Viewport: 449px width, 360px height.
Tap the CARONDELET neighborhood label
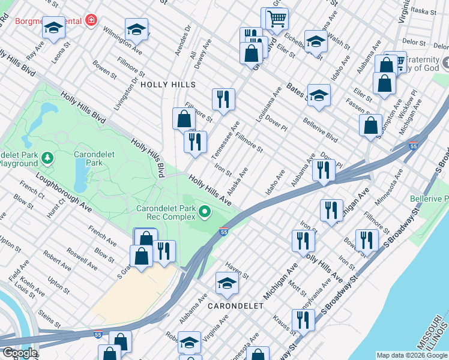coord(235,305)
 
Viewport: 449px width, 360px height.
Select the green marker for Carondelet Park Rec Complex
coord(205,211)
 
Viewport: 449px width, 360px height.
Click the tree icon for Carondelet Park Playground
coord(47,158)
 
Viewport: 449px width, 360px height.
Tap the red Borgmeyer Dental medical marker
coord(91,21)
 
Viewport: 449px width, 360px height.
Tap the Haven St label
coord(237,269)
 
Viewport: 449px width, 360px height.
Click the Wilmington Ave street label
coord(122,40)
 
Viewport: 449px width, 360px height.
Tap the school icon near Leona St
coord(53,28)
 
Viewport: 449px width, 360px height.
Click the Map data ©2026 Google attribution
coord(411,355)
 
